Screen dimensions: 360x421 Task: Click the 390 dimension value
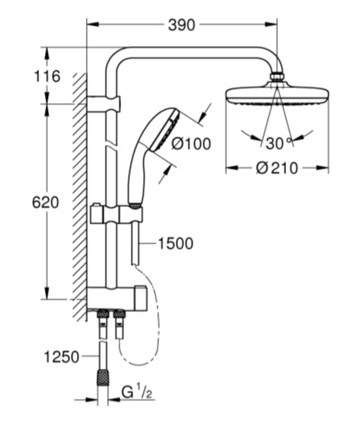pyautogui.click(x=181, y=25)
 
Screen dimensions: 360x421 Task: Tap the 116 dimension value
pyautogui.click(x=47, y=76)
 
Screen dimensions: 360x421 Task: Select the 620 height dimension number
pyautogui.click(x=46, y=203)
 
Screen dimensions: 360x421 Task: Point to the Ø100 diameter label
pyautogui.click(x=191, y=144)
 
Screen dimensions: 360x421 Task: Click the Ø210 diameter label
pyautogui.click(x=277, y=168)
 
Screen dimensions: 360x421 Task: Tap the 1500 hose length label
pyautogui.click(x=176, y=244)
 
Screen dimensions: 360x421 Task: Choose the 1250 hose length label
pyautogui.click(x=62, y=357)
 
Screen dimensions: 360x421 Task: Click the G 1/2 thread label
pyautogui.click(x=137, y=393)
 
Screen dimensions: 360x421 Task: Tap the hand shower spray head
pyautogui.click(x=164, y=129)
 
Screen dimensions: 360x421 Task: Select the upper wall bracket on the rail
pyautogui.click(x=104, y=104)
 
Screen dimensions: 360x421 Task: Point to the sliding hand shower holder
pyautogui.click(x=116, y=214)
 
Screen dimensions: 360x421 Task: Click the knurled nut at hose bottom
pyautogui.click(x=102, y=378)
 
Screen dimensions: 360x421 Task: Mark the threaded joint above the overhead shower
pyautogui.click(x=277, y=77)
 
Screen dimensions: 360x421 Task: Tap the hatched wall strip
pyautogui.click(x=80, y=197)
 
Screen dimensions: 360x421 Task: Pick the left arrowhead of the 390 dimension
pyautogui.click(x=94, y=24)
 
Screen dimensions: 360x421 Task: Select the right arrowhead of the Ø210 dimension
pyautogui.click(x=323, y=168)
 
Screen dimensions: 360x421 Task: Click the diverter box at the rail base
pyautogui.click(x=117, y=298)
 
